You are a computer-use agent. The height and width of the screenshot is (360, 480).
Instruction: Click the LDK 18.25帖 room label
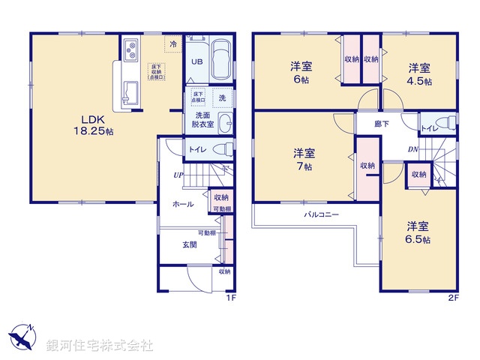(x=93, y=124)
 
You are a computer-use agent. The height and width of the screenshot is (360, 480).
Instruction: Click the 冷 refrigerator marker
(x=173, y=43)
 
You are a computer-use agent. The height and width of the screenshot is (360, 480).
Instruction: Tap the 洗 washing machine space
(x=222, y=97)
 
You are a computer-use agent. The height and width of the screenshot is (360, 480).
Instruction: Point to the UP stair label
(x=178, y=175)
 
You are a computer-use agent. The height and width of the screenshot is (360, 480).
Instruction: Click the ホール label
(x=183, y=204)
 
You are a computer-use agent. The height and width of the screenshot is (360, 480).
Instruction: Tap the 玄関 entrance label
(x=189, y=244)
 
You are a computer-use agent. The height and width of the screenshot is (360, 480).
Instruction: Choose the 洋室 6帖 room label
(x=301, y=72)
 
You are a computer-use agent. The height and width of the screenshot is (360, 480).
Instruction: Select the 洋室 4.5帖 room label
(x=419, y=72)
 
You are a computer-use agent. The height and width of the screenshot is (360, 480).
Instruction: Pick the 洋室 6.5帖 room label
(x=418, y=232)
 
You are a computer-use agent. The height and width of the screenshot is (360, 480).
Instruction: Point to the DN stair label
(x=413, y=149)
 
